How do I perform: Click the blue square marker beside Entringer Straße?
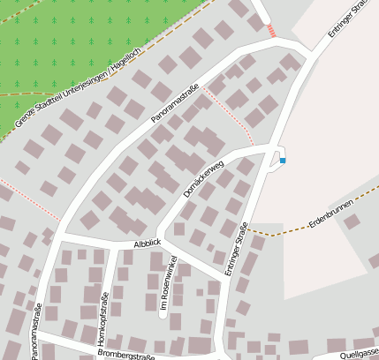[x=283, y=161]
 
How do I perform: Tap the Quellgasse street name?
[x=358, y=350]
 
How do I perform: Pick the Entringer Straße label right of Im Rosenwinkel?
[x=238, y=249]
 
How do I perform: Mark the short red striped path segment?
[x=271, y=31]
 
